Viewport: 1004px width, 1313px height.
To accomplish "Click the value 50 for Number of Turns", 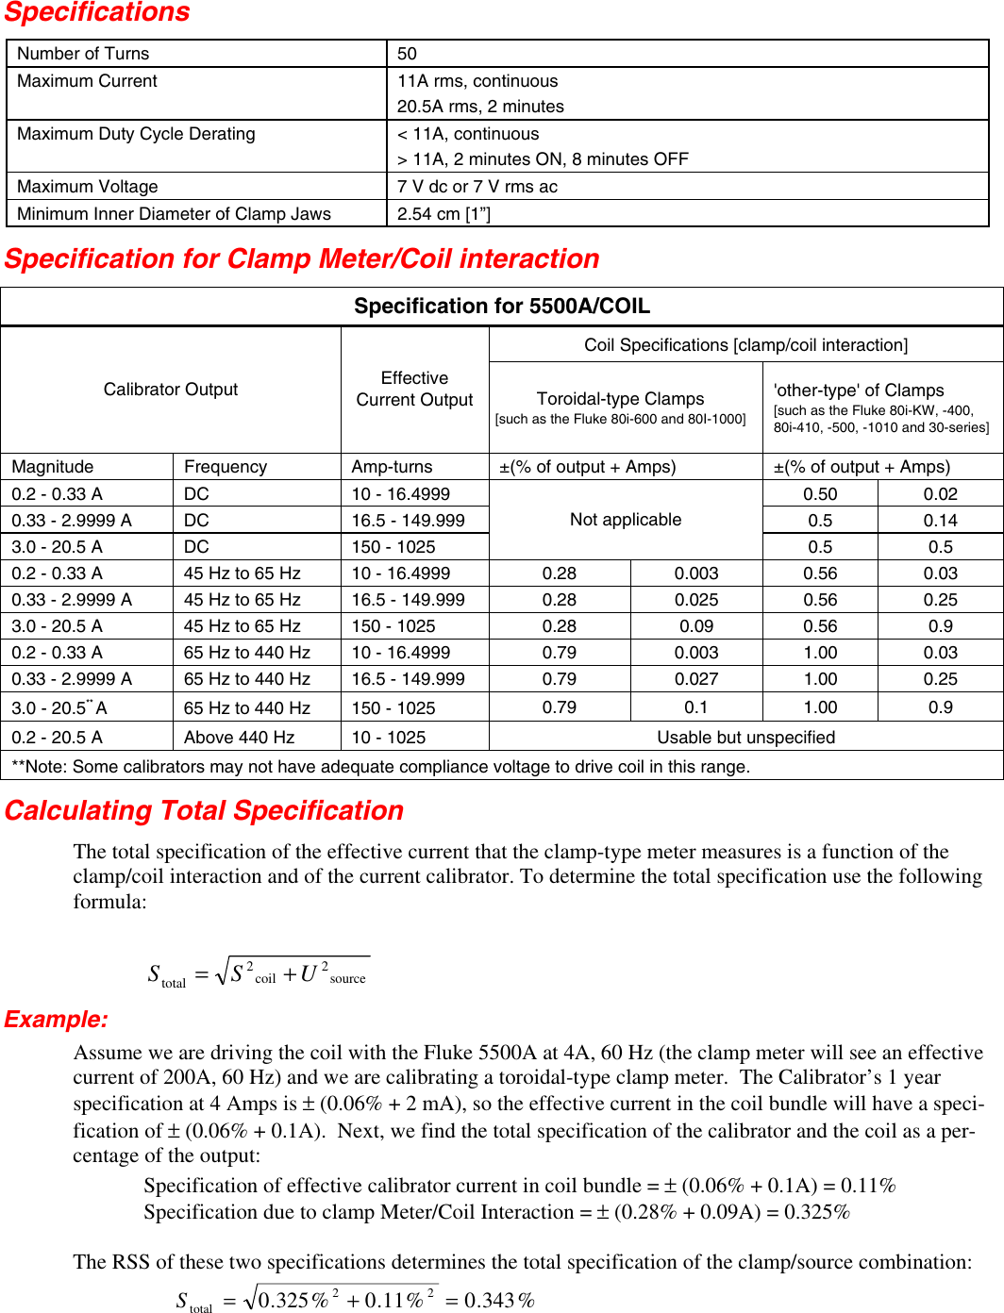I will pos(407,54).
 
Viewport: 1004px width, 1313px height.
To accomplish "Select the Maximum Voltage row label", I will pos(88,187).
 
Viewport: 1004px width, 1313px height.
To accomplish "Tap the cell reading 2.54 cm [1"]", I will pos(443,214).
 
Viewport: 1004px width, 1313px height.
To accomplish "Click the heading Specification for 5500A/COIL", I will pos(502,307).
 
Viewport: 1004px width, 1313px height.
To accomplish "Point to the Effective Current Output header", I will pos(414,389).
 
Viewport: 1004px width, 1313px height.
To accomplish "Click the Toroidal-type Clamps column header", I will pos(620,399).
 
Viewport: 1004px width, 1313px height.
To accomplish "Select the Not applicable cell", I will pos(625,520).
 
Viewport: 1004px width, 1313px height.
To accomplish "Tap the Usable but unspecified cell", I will pos(745,738).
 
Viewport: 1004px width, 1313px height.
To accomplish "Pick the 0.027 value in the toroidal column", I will pos(695,679).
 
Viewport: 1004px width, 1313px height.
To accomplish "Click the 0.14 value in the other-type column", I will pos(940,521).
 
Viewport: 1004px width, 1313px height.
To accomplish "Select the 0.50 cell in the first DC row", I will pos(820,494).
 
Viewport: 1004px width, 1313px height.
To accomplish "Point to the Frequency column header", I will pos(226,467).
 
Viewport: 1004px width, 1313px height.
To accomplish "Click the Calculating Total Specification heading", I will pos(204,811).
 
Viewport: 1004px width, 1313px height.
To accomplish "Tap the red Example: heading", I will pos(57,1020).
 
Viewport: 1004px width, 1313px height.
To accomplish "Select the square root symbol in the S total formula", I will pos(223,972).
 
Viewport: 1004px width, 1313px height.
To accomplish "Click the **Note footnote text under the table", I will pos(380,767).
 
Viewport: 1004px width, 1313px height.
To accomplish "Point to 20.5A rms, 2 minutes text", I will pos(480,107).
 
